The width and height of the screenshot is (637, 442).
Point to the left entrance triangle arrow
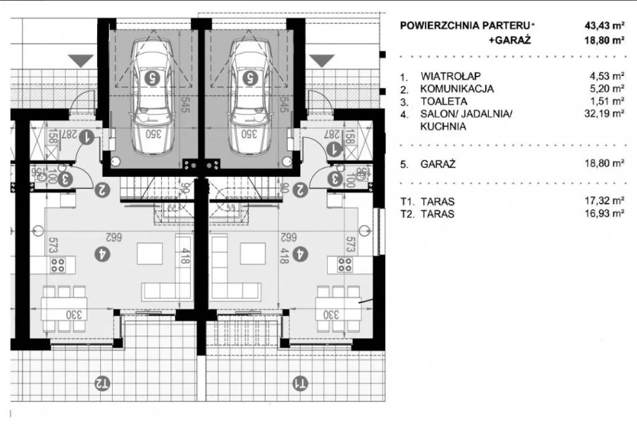pyautogui.click(x=80, y=60)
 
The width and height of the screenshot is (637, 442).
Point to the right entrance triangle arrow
pyautogui.click(x=322, y=60)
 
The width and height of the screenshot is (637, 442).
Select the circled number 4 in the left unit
pyautogui.click(x=100, y=253)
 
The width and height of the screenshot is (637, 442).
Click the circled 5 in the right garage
pyautogui.click(x=250, y=78)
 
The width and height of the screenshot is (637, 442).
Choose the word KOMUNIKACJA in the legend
pyautogui.click(x=457, y=89)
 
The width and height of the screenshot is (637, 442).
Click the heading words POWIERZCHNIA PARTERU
pyautogui.click(x=465, y=26)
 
